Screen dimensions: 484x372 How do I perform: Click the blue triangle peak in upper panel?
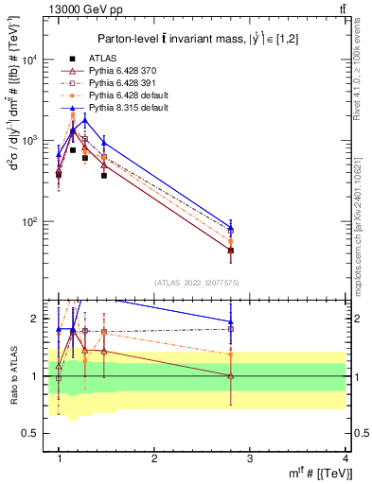tap(85, 119)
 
